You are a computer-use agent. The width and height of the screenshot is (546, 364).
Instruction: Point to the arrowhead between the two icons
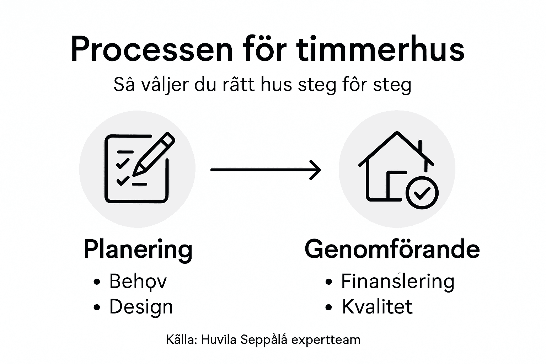click(316, 170)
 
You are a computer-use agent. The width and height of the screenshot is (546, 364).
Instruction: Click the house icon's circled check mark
click(422, 192)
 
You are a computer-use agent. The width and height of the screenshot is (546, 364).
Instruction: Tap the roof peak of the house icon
click(397, 134)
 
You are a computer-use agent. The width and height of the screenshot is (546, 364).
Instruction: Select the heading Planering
click(138, 250)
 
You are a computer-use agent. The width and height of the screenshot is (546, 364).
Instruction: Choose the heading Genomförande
click(392, 250)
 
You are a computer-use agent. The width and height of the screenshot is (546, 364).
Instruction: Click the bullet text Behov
click(138, 281)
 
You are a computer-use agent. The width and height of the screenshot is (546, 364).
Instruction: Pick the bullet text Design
click(141, 307)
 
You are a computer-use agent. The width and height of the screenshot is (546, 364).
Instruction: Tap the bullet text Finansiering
click(398, 281)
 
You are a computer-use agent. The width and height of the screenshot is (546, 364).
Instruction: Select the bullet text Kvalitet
click(377, 307)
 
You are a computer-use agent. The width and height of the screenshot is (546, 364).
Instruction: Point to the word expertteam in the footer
click(326, 340)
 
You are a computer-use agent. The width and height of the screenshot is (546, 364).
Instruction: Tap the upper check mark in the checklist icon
click(123, 163)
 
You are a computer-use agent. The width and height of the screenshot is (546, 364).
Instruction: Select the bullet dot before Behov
click(97, 282)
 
